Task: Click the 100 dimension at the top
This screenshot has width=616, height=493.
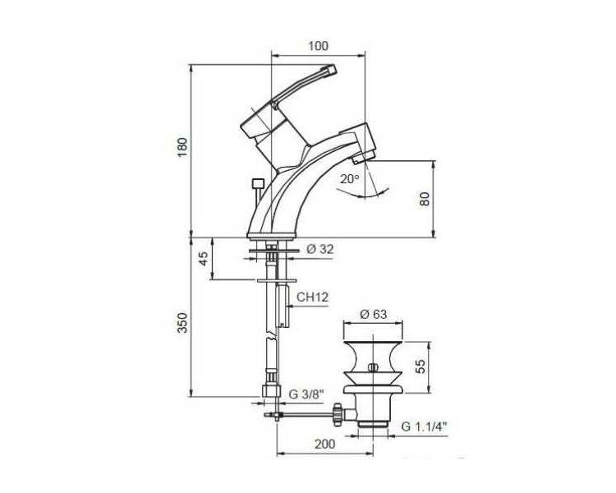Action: point(318,46)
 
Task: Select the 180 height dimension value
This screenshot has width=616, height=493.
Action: point(183,147)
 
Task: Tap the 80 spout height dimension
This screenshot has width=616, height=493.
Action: point(425,199)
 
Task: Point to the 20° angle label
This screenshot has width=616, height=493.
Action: point(350,179)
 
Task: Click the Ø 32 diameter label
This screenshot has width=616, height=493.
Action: point(320,249)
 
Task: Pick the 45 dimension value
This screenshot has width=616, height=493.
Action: point(204,258)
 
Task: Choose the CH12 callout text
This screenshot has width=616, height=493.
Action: point(312,297)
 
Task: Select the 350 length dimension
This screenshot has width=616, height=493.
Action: point(182,323)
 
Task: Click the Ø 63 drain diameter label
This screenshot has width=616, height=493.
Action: point(373,314)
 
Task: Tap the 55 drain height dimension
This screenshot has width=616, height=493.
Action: point(421,366)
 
